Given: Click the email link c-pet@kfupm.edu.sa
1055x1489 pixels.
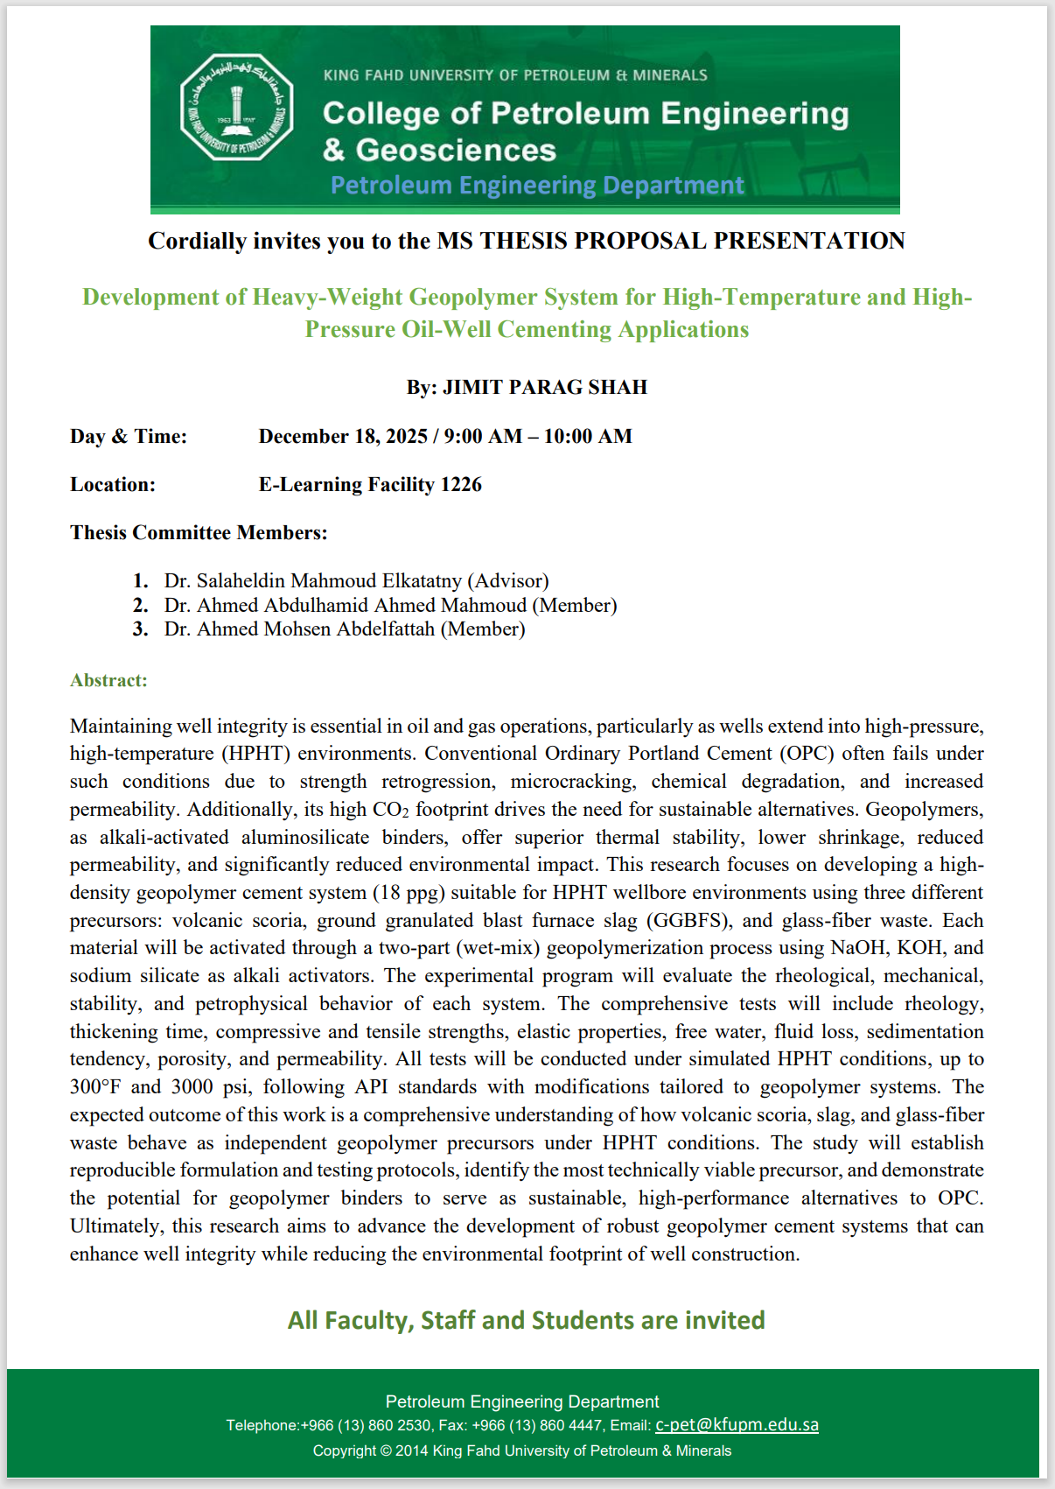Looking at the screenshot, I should click(737, 1425).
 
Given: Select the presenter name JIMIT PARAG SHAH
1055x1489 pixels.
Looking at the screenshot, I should click(545, 388).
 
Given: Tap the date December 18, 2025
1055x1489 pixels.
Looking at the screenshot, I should click(343, 437).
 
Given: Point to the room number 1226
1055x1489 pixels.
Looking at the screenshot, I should click(461, 485).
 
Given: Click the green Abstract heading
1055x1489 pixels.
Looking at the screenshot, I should click(108, 681).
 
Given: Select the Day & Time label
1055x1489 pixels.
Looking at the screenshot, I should click(129, 437).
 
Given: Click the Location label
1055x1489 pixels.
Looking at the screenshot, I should click(113, 485).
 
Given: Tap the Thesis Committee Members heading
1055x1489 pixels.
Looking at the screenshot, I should click(199, 533).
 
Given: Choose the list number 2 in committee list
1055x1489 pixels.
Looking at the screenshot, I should click(141, 606).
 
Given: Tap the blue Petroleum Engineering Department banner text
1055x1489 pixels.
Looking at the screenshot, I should click(537, 186).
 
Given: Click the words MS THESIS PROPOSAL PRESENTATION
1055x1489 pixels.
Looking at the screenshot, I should click(671, 242).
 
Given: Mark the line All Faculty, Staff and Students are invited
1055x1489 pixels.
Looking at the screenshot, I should click(527, 1320).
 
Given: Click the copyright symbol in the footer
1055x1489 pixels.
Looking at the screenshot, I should click(385, 1450).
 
